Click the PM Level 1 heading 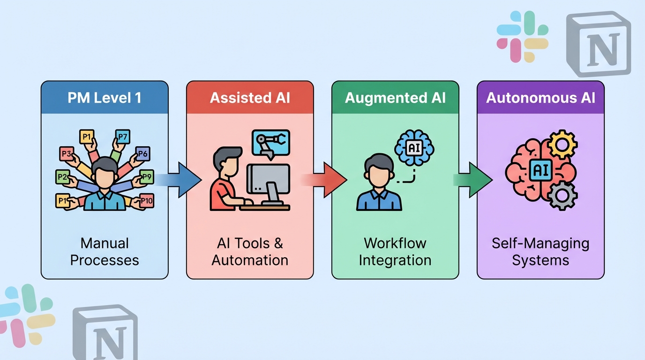(104, 97)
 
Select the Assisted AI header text (250, 97)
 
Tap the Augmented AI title (395, 97)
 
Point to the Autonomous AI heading (540, 97)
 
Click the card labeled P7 (122, 137)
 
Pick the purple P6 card (142, 154)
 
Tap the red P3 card (67, 154)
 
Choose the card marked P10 (146, 201)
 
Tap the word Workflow (395, 243)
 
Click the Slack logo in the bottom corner (23, 309)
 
